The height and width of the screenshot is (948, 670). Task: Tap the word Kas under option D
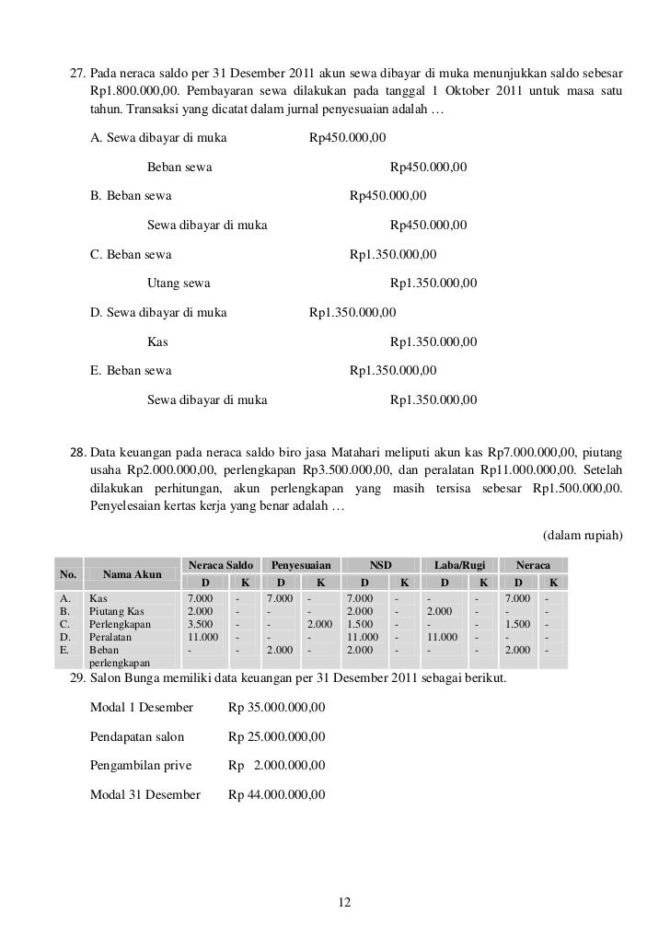click(x=156, y=341)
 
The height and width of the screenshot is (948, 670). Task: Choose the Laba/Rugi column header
click(x=453, y=562)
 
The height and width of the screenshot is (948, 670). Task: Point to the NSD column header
click(x=379, y=562)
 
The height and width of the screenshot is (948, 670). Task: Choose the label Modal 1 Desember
click(x=142, y=707)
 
